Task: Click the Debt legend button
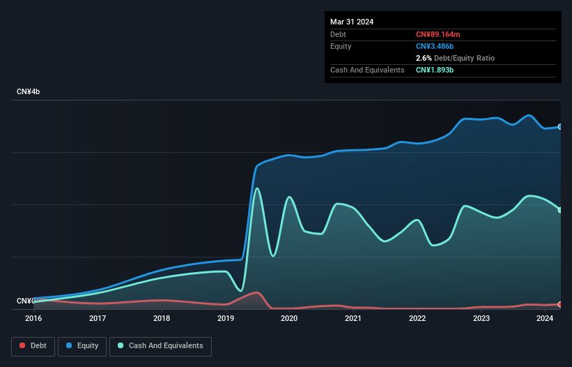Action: pos(33,345)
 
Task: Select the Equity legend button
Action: pos(82,345)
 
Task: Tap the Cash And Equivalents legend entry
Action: pos(160,345)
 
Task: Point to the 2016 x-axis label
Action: pos(33,318)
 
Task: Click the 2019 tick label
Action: pos(225,318)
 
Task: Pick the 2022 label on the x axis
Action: pos(417,318)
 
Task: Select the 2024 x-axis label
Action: pos(545,318)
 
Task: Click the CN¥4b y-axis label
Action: pos(29,92)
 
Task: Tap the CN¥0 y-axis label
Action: pos(25,301)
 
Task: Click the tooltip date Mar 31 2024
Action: pos(352,22)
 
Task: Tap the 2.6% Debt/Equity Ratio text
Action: pos(455,58)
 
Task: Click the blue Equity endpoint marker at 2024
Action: pos(560,127)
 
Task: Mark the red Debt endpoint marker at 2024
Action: pos(560,304)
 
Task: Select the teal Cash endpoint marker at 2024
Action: pos(560,210)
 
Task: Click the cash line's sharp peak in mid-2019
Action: pos(257,188)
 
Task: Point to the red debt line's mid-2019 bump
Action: pos(256,292)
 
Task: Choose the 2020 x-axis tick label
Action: pos(289,318)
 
